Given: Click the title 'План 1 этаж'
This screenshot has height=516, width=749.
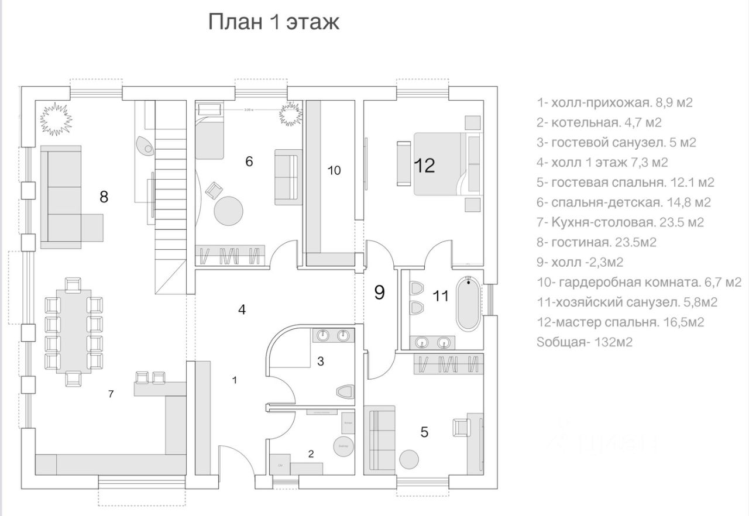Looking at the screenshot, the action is click(274, 23).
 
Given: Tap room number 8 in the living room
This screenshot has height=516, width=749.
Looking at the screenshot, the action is click(104, 197).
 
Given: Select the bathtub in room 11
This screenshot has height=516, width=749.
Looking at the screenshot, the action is click(468, 304).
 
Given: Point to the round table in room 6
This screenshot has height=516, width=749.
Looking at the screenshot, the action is click(229, 211).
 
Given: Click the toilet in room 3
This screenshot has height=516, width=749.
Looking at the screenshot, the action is click(345, 391).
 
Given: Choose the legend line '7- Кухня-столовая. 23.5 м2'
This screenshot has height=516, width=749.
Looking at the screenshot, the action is click(620, 222).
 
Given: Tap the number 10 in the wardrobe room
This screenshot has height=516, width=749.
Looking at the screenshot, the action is click(334, 171).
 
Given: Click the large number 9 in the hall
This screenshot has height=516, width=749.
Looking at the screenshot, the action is click(379, 292).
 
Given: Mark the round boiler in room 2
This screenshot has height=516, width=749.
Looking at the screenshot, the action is click(342, 445).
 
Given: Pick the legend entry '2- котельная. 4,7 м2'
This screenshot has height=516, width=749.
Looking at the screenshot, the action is click(607, 122).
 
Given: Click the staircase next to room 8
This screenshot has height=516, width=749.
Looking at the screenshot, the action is click(170, 199).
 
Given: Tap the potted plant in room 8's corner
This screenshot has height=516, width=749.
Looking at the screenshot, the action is click(56, 117).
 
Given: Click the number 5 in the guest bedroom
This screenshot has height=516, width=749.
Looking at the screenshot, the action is click(424, 432).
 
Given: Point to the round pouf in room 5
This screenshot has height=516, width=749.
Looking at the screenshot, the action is click(409, 457).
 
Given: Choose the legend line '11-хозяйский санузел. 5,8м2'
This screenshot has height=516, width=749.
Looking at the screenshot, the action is click(627, 302).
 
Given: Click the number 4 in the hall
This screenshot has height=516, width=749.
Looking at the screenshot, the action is click(242, 309).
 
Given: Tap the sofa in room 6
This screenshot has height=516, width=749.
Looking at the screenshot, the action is click(288, 176).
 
